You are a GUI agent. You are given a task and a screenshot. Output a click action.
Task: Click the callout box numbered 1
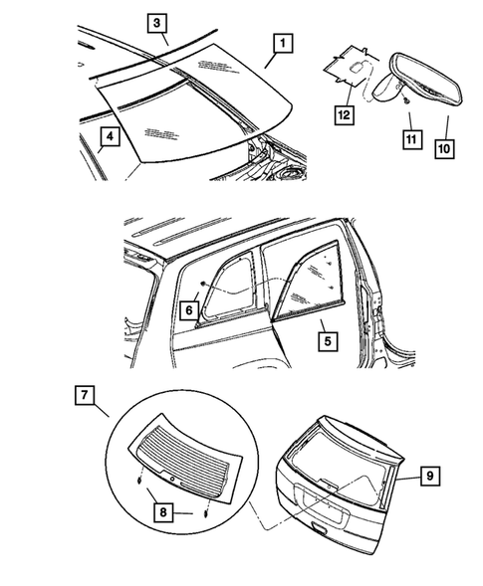[284, 44]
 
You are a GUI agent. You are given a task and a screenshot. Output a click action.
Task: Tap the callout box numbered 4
[110, 135]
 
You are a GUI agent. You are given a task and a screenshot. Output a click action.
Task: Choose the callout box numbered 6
[188, 311]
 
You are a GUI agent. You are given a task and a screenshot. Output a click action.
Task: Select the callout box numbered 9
[427, 478]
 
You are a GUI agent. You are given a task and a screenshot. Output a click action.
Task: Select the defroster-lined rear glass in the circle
[184, 455]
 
